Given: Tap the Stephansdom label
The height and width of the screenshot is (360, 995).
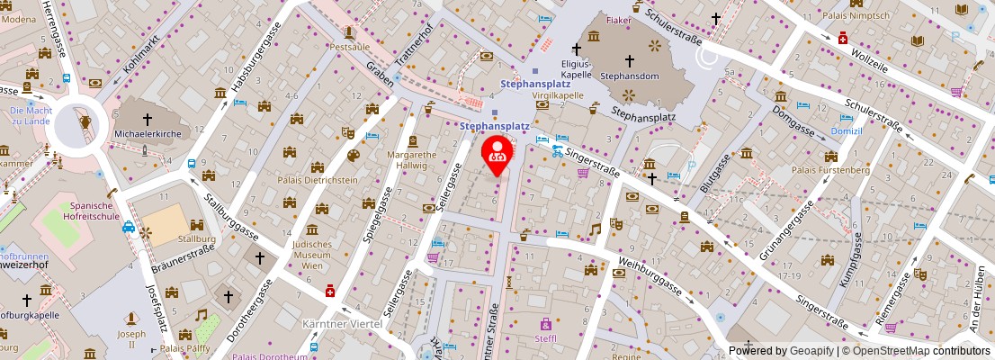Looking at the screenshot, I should tap(630, 76).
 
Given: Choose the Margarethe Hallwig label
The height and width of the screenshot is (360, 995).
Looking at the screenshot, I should tap(412, 159).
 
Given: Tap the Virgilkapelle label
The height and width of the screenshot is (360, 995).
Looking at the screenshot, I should tap(560, 94).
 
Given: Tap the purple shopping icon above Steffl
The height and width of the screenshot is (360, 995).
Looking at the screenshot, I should tap(545, 323).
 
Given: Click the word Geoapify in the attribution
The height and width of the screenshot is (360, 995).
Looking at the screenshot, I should tap(812, 351).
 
